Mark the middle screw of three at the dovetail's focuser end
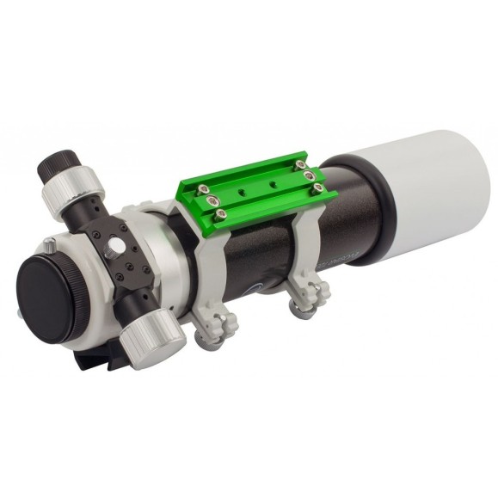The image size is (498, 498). click(x=207, y=205)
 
